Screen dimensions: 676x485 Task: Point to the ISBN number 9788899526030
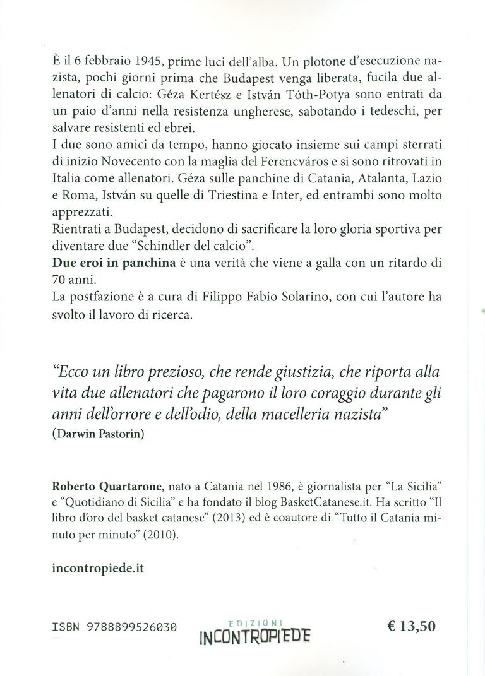coord(129,627)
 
